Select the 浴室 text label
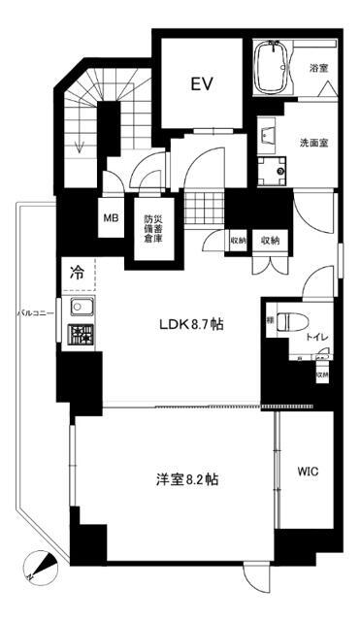point(319,69)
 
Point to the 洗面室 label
point(313,143)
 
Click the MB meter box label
point(112,217)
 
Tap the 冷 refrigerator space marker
point(76,275)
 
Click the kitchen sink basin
point(79,312)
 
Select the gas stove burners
point(78,338)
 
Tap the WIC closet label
point(307,470)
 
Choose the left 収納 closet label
point(238,240)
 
